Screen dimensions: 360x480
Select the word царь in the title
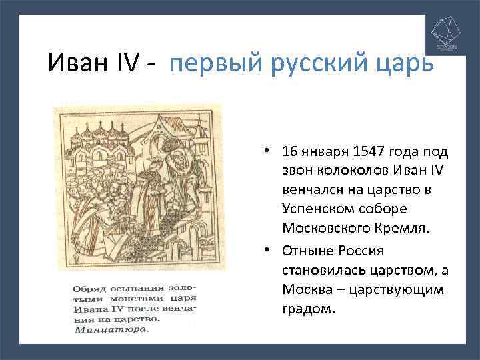coord(403,64)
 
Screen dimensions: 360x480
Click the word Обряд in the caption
coord(86,288)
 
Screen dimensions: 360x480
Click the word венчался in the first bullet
coord(310,190)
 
